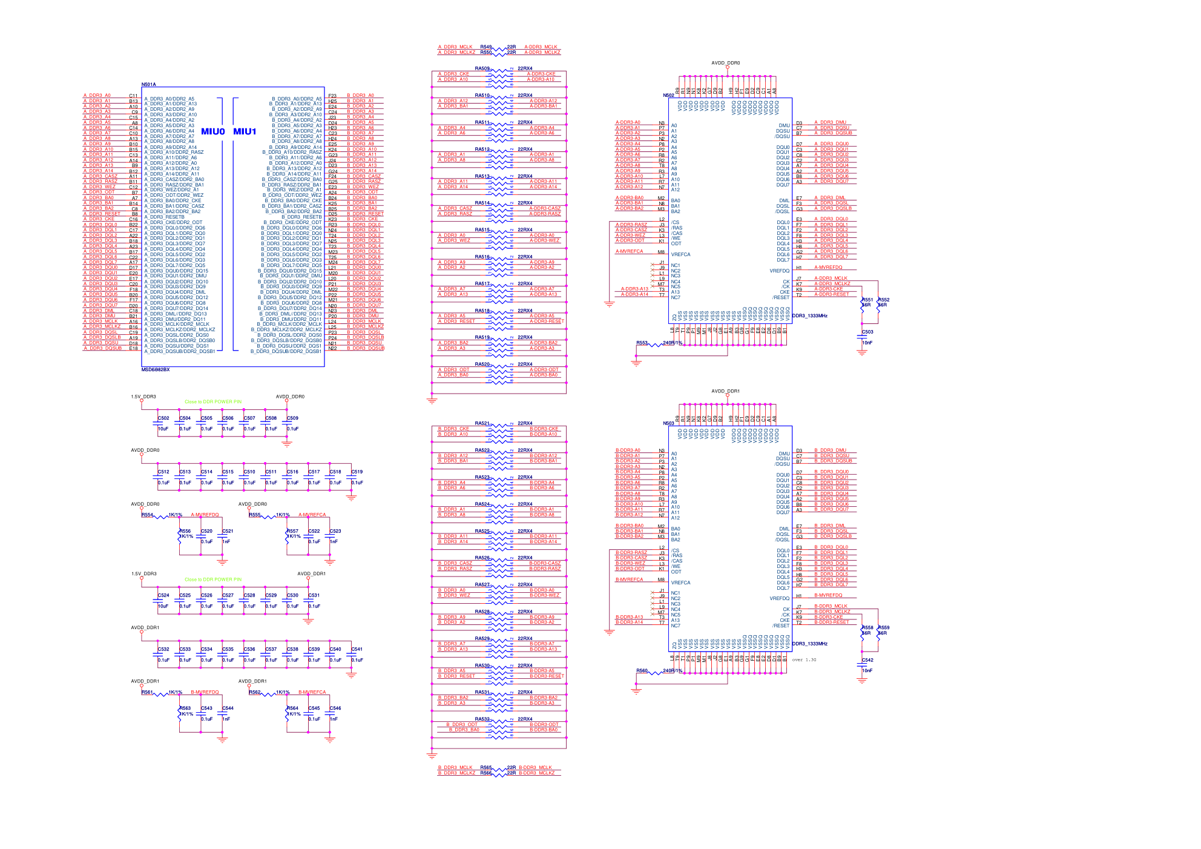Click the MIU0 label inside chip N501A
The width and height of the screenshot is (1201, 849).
pyautogui.click(x=212, y=131)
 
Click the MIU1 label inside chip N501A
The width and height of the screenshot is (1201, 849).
pyautogui.click(x=245, y=131)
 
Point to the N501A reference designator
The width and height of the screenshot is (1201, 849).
pyautogui.click(x=148, y=85)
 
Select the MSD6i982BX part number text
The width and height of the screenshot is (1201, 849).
pyautogui.click(x=156, y=369)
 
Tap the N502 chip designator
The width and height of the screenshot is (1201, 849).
pyautogui.click(x=668, y=96)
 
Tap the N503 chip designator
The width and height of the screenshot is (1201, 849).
pyautogui.click(x=668, y=423)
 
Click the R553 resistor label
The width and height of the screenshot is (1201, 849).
pyautogui.click(x=642, y=343)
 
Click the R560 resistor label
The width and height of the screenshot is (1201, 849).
pyautogui.click(x=642, y=671)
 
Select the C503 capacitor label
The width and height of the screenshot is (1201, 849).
pyautogui.click(x=867, y=332)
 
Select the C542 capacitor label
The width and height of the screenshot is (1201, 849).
pyautogui.click(x=867, y=660)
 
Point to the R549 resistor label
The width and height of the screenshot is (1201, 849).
pyautogui.click(x=486, y=47)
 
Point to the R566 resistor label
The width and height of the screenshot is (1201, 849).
pyautogui.click(x=486, y=773)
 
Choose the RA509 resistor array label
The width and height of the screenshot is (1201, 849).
pyautogui.click(x=482, y=68)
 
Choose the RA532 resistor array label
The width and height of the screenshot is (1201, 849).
pyautogui.click(x=482, y=719)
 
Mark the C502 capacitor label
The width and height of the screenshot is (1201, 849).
pyautogui.click(x=163, y=418)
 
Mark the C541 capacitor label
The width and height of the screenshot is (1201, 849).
pyautogui.click(x=357, y=649)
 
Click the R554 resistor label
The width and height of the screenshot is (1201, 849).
pyautogui.click(x=147, y=515)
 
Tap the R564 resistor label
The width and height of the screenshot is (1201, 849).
pyautogui.click(x=292, y=708)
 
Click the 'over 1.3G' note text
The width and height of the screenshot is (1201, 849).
pyautogui.click(x=804, y=659)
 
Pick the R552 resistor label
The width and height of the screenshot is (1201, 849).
pyautogui.click(x=884, y=300)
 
